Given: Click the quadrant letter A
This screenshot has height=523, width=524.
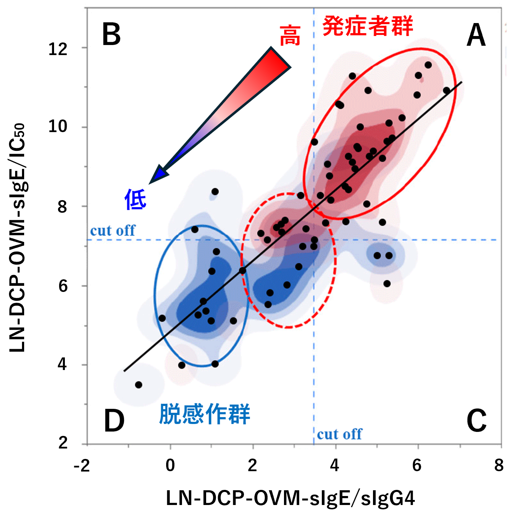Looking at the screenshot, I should tap(476, 35).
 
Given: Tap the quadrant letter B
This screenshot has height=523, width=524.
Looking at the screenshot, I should tap(111, 35).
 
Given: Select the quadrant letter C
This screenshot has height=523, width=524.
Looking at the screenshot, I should tap(476, 420).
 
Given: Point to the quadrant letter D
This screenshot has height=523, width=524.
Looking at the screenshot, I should tap(114, 421).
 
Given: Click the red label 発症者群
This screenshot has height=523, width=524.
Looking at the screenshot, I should tap(368, 26).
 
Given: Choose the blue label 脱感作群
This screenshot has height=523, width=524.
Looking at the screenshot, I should tap(205, 414).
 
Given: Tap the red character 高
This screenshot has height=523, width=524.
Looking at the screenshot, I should tap(290, 36).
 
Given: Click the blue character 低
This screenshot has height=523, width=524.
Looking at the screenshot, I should tap(136, 199).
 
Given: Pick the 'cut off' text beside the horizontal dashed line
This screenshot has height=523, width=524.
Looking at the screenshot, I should tap(112, 231).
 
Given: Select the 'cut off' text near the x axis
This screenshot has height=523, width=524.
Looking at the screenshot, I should tap(339, 434).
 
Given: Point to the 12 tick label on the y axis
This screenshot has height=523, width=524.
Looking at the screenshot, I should tap(58, 49).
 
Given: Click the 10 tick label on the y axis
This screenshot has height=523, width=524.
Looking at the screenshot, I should tap(58, 126).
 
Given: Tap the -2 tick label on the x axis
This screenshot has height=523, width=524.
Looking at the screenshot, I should tap(82, 466).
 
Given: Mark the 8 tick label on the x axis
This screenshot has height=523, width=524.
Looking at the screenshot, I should tap(499, 465).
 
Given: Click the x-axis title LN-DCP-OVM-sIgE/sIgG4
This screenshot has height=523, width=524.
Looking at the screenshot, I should tap(290, 498).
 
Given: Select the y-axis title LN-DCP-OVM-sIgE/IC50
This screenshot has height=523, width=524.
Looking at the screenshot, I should tap(17, 238).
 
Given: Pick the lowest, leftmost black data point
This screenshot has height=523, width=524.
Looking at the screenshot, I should tap(138, 385).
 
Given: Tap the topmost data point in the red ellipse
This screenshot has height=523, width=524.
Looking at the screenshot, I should tap(428, 65).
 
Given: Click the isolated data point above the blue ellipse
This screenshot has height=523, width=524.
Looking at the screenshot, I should tap(215, 191).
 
